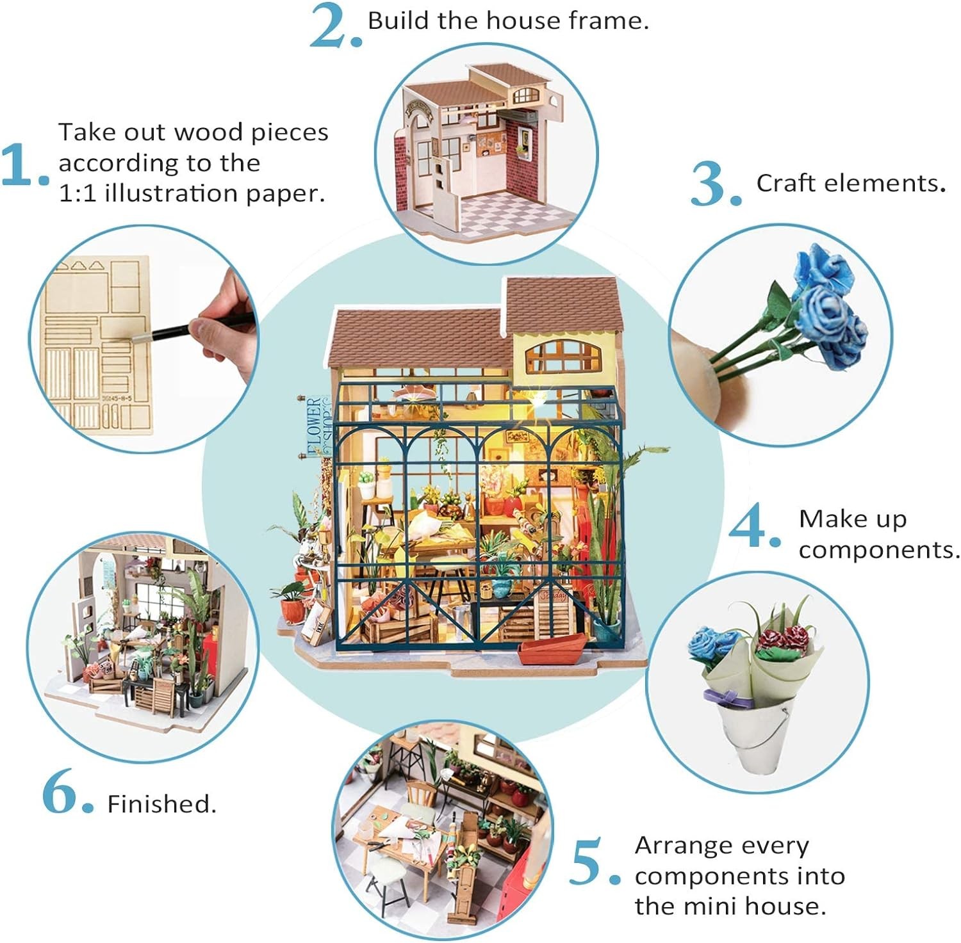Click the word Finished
coord(161,804)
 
